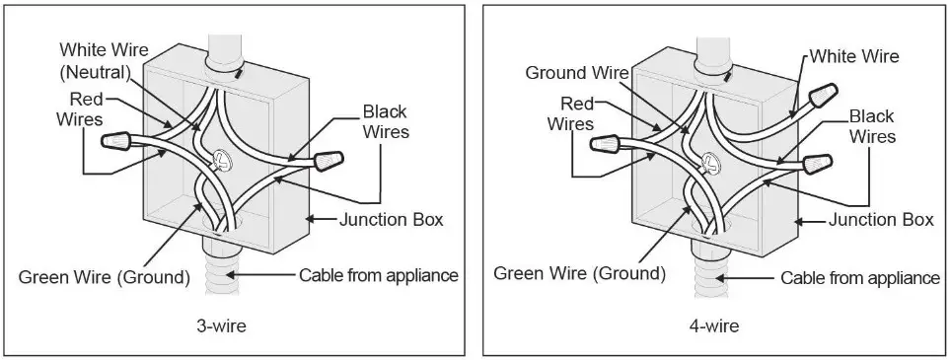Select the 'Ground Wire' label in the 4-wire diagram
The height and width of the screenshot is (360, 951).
(x=571, y=73)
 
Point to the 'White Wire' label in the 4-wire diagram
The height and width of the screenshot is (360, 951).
(x=854, y=57)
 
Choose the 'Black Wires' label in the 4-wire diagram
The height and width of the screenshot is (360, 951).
(x=872, y=126)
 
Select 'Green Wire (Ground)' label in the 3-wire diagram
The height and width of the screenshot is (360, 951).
(x=104, y=276)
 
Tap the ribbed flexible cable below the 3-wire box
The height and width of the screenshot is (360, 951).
(x=221, y=271)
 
